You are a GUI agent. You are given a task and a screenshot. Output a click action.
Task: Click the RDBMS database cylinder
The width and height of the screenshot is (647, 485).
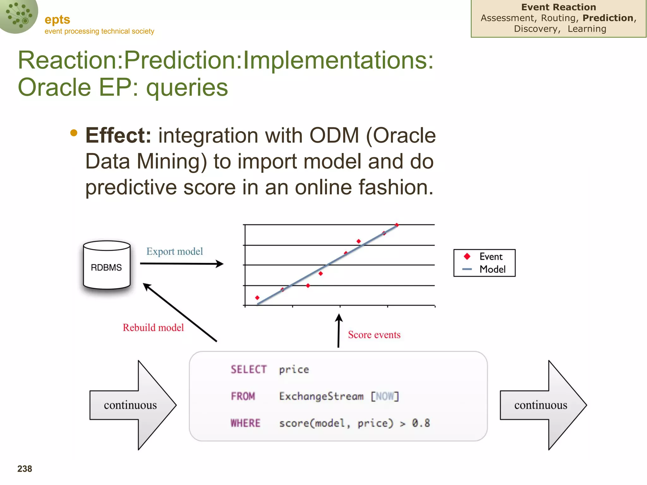(107, 265)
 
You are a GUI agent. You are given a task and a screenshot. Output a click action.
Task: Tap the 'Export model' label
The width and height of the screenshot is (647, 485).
(174, 251)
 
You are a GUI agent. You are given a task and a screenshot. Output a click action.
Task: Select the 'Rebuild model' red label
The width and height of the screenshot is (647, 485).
(153, 327)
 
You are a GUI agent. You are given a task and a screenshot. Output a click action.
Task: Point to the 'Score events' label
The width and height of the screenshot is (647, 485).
(374, 335)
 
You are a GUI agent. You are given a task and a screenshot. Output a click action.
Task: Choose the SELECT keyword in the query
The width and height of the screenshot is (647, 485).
(249, 369)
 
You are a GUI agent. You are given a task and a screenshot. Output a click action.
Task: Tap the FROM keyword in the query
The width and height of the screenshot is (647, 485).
(243, 396)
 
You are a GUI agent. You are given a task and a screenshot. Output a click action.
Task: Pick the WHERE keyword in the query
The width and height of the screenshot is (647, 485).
(245, 423)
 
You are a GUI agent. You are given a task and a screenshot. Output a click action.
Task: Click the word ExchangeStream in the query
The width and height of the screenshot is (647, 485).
(321, 396)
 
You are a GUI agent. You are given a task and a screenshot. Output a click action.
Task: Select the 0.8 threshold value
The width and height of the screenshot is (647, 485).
(421, 423)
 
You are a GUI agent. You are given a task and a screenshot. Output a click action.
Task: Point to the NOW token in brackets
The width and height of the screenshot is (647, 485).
(385, 396)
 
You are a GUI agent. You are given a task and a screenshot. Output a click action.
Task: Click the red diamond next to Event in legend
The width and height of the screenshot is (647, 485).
(467, 256)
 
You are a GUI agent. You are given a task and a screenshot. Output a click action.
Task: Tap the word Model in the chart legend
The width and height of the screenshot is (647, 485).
(493, 269)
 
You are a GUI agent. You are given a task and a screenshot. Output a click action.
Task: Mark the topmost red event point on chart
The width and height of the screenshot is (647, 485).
(397, 225)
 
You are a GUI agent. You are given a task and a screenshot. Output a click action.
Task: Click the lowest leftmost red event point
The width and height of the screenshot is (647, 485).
(257, 298)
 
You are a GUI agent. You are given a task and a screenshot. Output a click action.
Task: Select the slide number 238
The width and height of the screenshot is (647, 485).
(25, 469)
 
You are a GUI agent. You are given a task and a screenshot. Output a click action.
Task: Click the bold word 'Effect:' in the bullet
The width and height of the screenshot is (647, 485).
(118, 135)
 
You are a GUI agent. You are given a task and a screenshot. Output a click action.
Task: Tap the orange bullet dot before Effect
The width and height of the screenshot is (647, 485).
(74, 133)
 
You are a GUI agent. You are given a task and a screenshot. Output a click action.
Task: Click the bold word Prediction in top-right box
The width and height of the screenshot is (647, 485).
(608, 18)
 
